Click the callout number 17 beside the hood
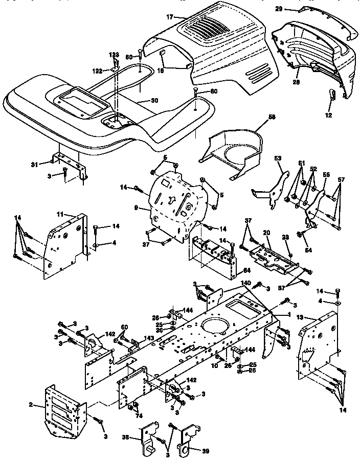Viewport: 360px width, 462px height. [170, 17]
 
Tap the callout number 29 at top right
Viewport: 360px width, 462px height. [293, 9]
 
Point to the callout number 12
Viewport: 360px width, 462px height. [329, 116]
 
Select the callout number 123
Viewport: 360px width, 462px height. [113, 54]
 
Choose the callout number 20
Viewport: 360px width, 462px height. [266, 233]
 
